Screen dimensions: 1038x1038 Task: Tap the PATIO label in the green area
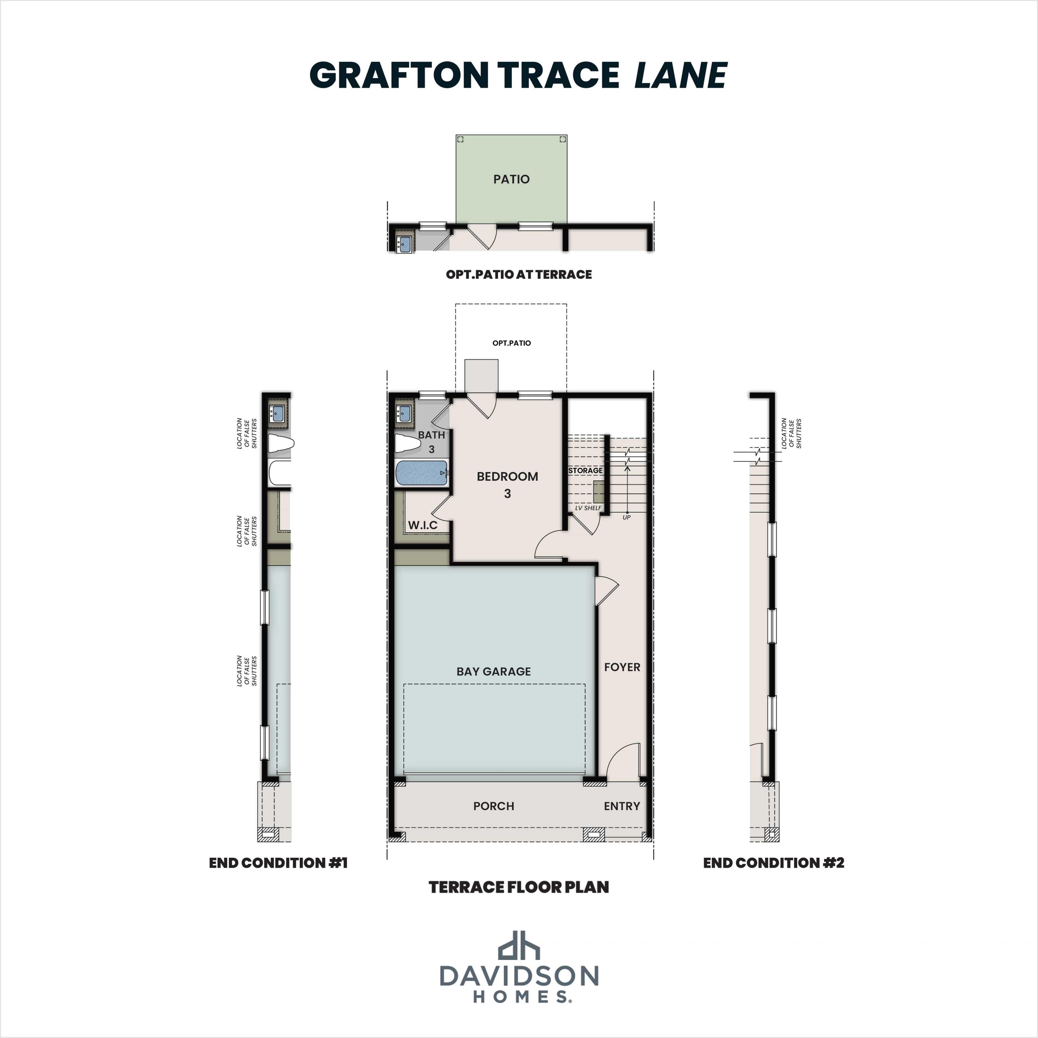coord(511,179)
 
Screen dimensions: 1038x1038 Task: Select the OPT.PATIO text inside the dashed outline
coord(511,343)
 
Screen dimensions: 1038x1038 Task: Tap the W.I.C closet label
coord(422,525)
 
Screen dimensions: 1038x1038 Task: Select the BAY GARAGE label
coord(493,671)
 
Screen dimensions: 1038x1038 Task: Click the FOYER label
coord(622,667)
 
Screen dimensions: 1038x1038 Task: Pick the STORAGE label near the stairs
coord(585,470)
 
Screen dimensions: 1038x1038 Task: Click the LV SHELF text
coord(588,508)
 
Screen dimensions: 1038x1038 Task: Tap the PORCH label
coord(493,806)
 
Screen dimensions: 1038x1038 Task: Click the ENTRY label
coord(622,806)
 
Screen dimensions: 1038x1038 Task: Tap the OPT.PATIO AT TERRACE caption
coord(518,275)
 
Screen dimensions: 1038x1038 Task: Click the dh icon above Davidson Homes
coord(518,946)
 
